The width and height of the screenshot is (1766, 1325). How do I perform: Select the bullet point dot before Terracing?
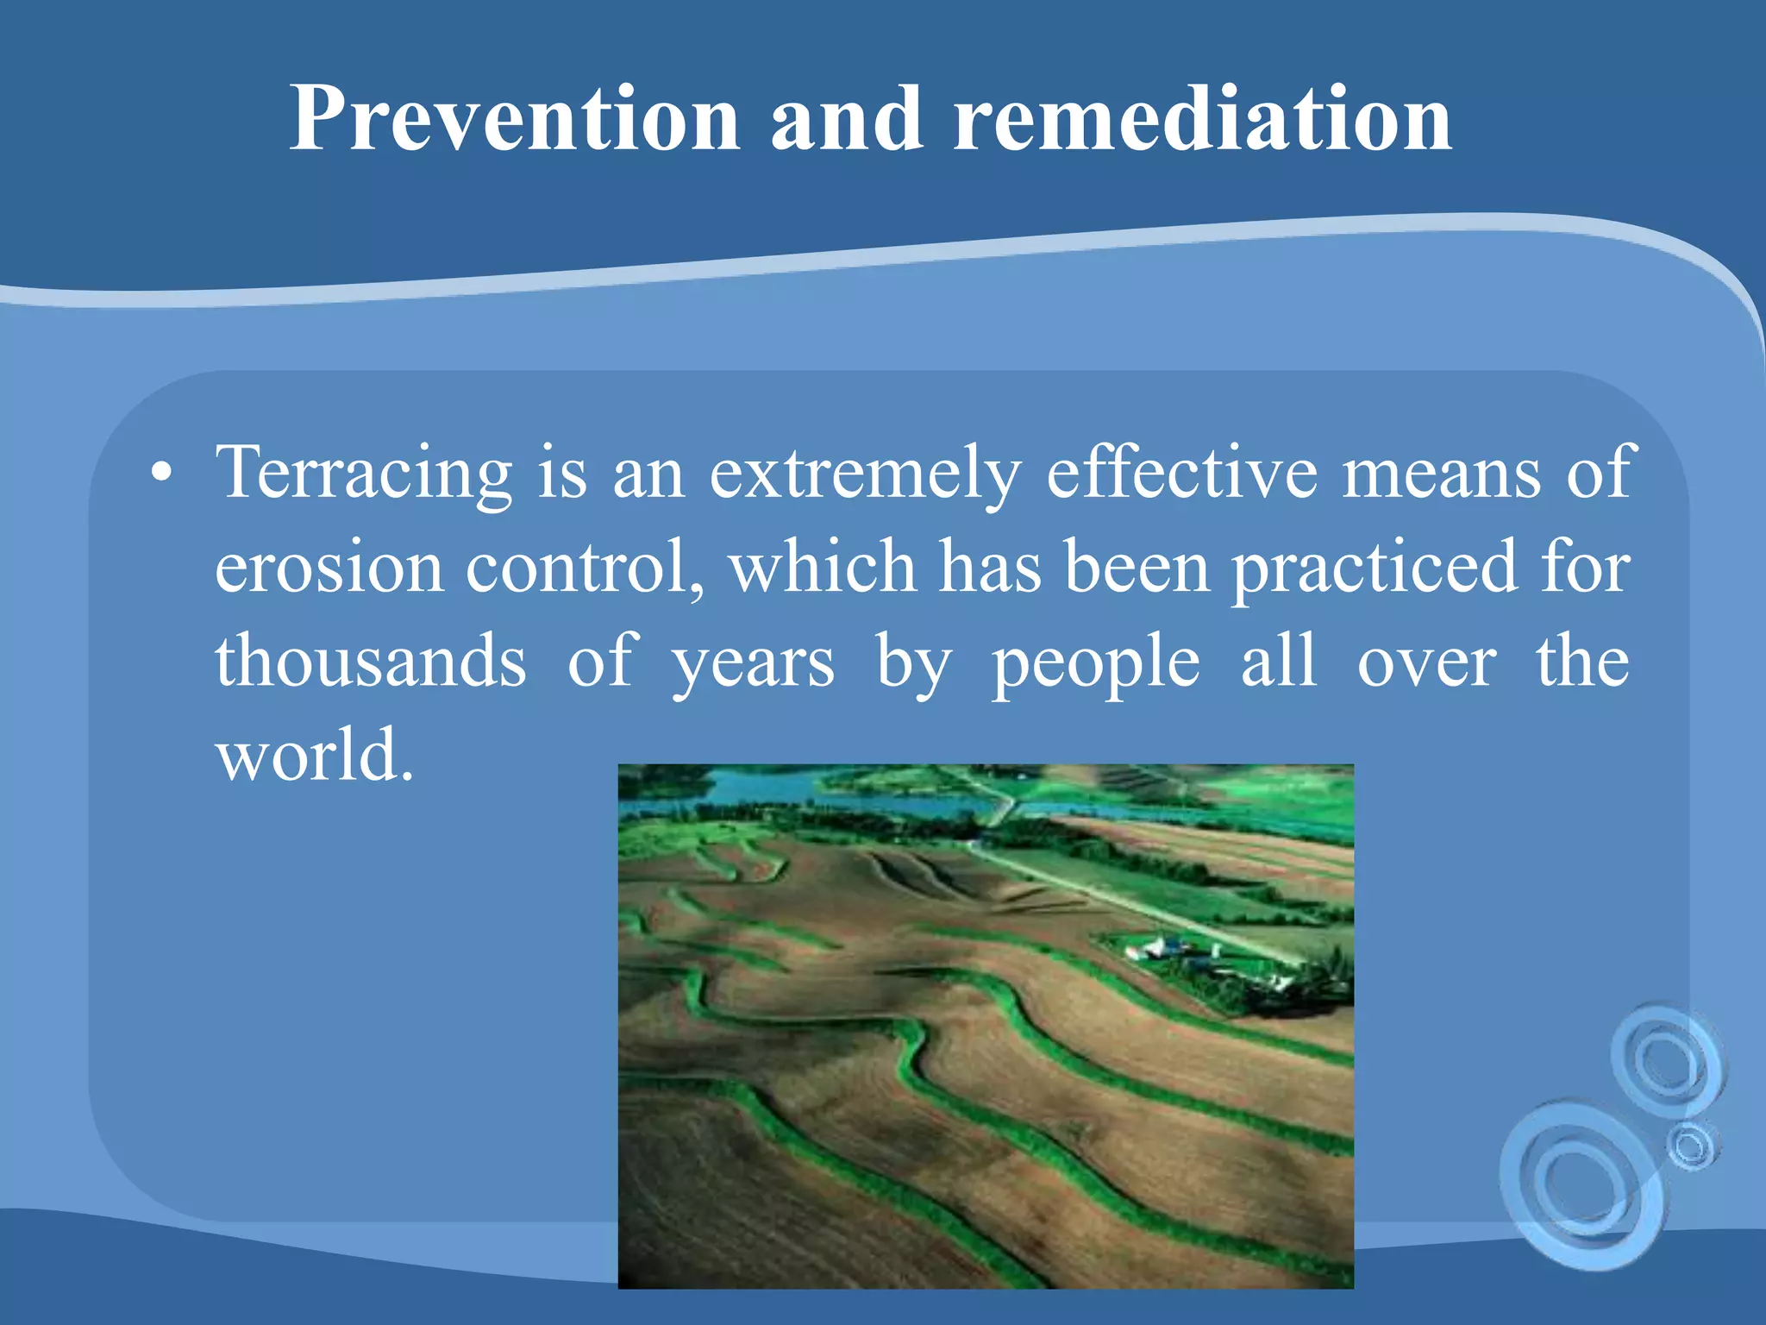pyautogui.click(x=160, y=474)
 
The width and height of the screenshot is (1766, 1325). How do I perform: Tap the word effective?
pyautogui.click(x=1181, y=472)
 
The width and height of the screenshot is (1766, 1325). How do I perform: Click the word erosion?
pyautogui.click(x=329, y=568)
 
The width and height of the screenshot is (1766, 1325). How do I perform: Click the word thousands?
pyautogui.click(x=371, y=661)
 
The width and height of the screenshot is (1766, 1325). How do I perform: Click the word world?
pyautogui.click(x=314, y=755)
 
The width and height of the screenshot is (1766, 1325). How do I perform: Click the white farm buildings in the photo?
pyautogui.click(x=1155, y=949)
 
